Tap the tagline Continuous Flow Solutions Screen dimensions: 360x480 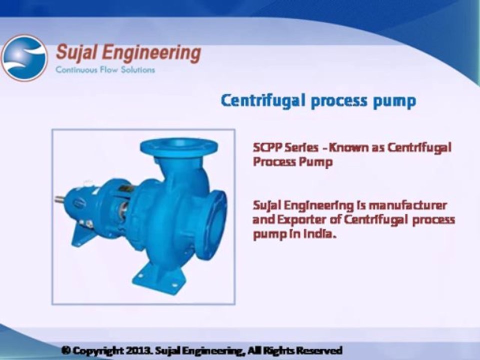coord(105,69)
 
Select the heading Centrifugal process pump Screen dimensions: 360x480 coord(318,100)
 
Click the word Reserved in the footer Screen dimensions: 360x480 coord(318,350)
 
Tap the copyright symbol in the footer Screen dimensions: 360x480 coord(65,350)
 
